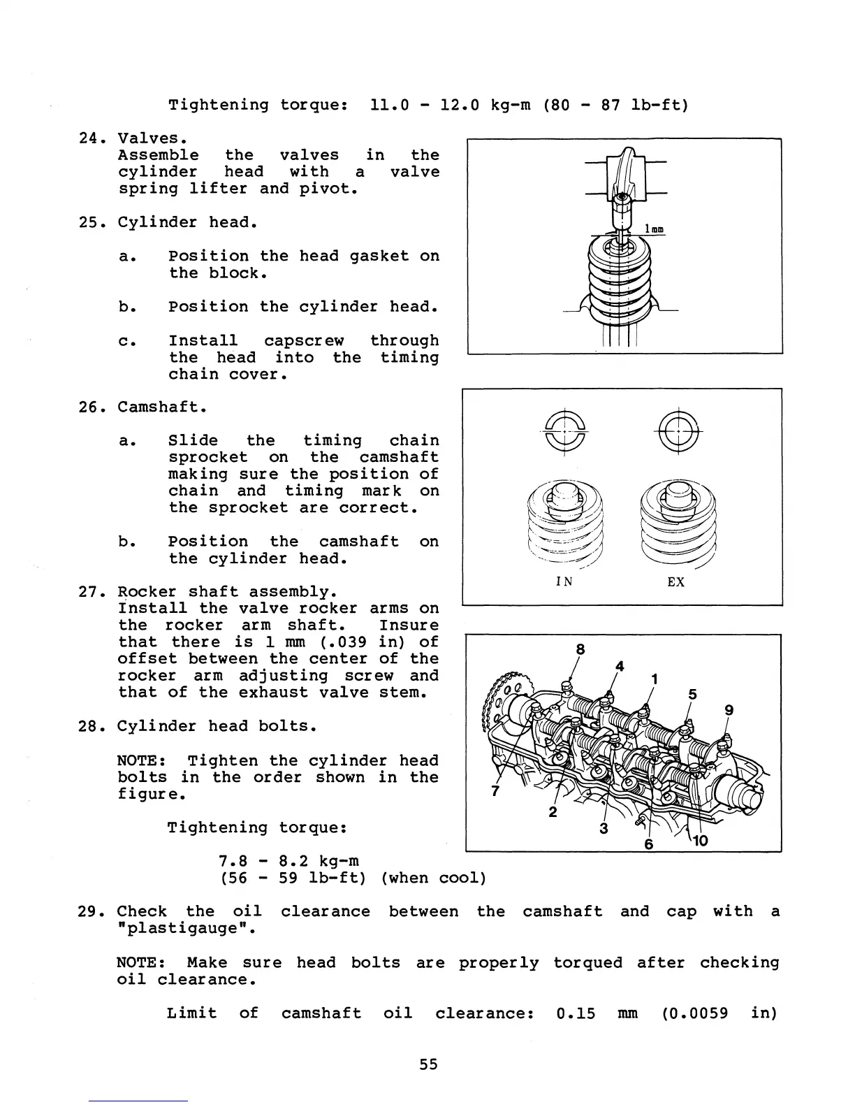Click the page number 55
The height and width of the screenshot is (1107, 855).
428,1064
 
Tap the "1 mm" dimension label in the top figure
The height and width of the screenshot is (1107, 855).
655,229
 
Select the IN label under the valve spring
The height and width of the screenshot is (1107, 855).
564,581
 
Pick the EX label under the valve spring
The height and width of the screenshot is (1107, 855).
675,581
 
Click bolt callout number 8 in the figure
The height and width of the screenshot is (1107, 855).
580,649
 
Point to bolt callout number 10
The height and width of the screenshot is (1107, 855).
700,841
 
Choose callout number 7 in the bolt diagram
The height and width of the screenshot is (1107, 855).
495,791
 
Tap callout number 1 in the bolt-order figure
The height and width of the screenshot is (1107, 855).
655,679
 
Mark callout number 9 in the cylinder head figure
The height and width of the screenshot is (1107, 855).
729,710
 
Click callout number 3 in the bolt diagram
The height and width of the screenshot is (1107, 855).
604,829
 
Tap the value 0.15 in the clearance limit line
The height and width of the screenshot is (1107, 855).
576,1013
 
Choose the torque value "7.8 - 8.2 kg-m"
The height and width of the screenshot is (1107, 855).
288,861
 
